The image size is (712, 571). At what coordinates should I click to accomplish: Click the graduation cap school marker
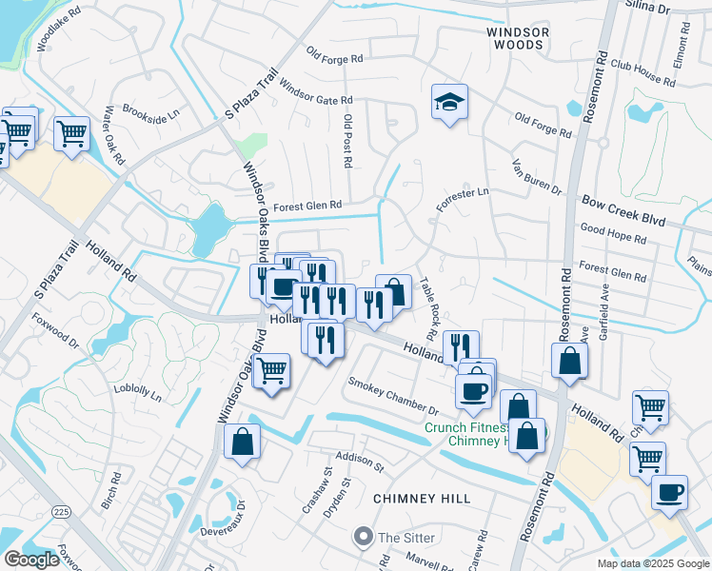point(449,102)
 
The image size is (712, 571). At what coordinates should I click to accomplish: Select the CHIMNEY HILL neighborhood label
point(417,499)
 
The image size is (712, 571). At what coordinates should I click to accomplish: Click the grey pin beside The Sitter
point(362,537)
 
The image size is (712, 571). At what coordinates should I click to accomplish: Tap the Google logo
point(31,559)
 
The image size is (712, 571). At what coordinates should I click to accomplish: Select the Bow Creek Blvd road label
point(623,205)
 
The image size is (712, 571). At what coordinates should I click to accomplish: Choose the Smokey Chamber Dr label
point(392,397)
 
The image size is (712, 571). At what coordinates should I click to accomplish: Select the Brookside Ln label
point(150,112)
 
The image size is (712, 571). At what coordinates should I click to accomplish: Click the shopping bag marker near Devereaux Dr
point(243,442)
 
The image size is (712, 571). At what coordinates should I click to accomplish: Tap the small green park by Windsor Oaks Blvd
point(251,146)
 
